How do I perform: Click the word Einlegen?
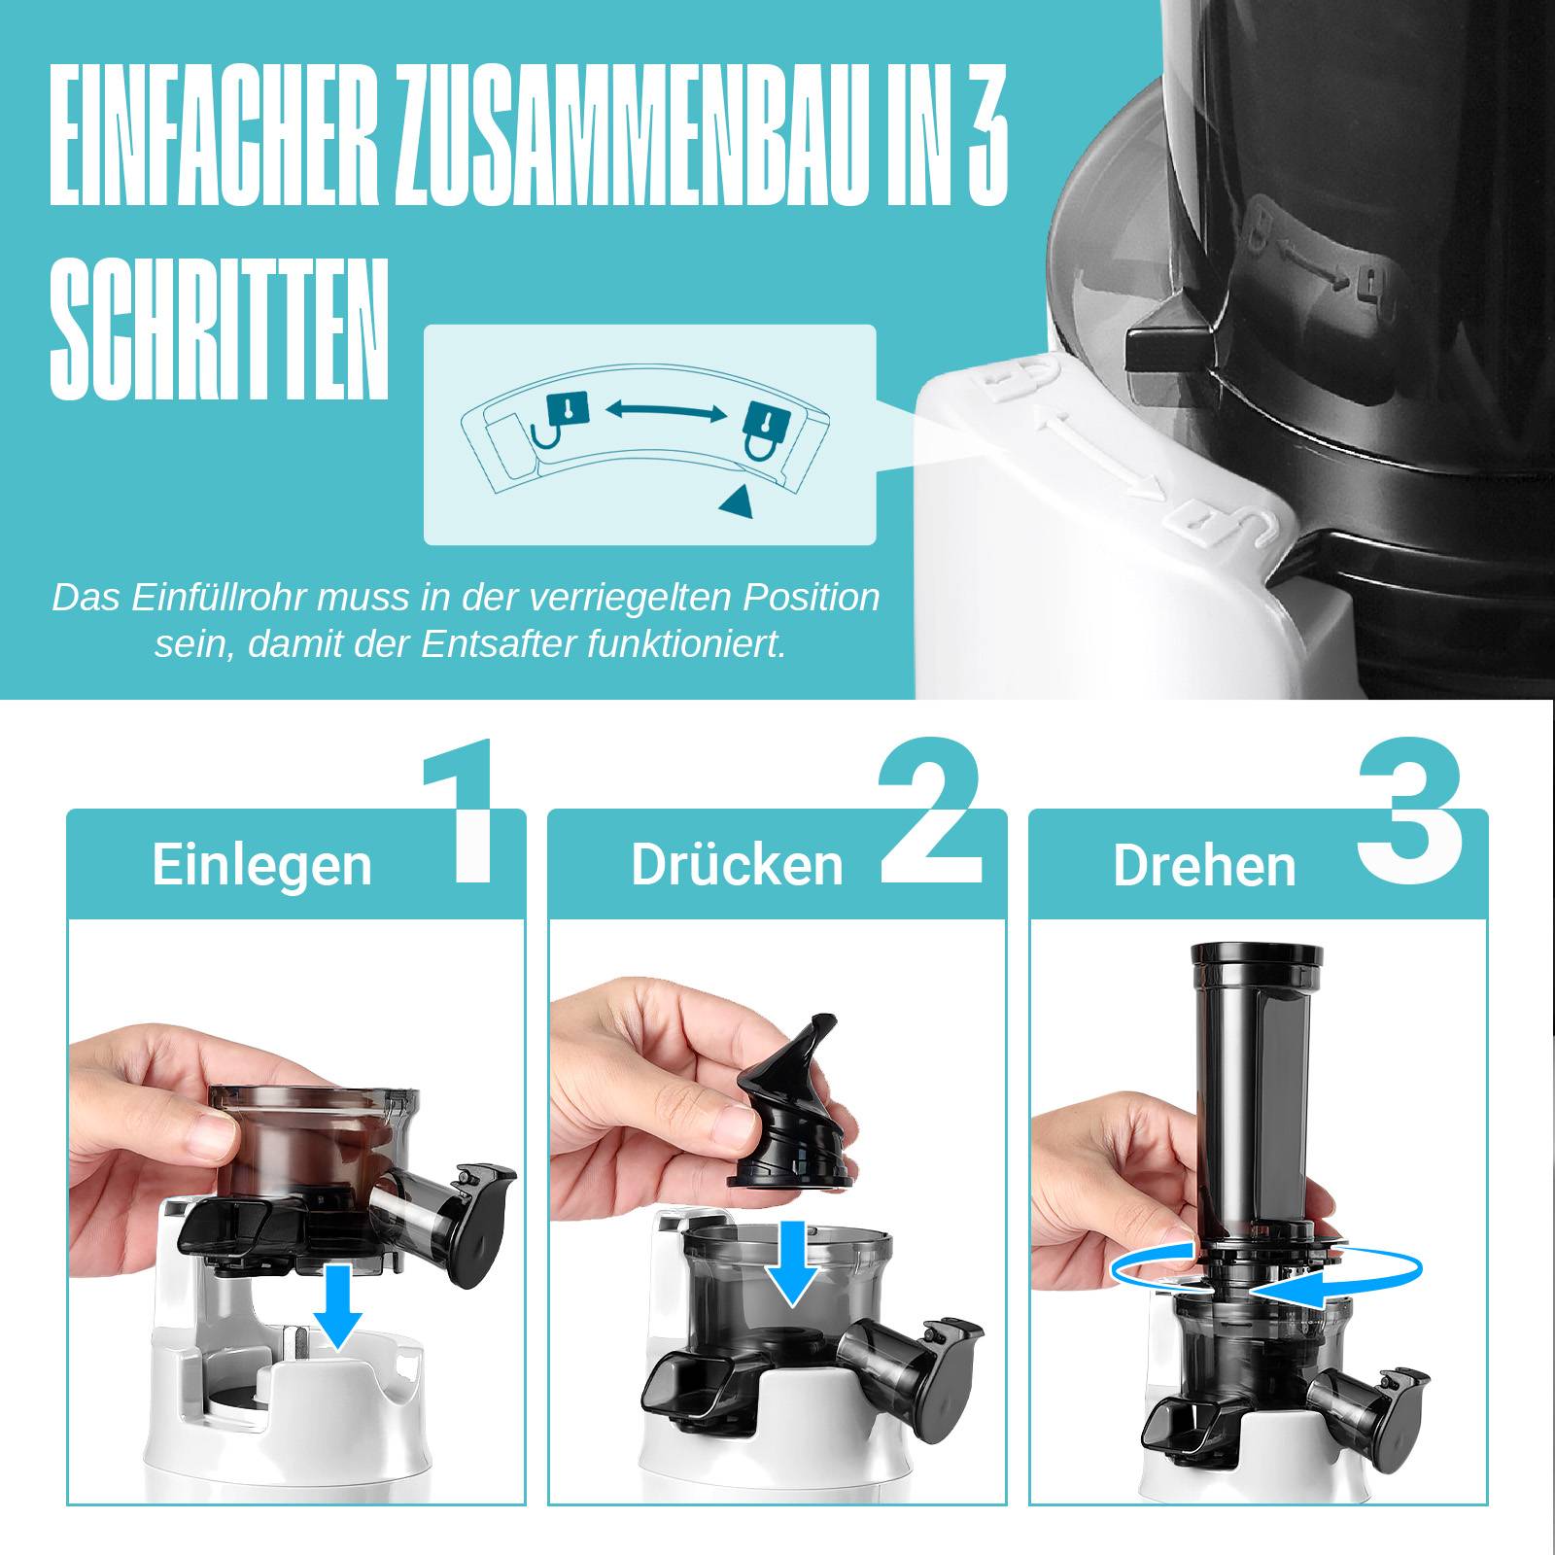261,864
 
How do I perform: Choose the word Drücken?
737,864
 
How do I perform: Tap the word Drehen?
1204,865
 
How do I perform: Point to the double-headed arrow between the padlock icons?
666,412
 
